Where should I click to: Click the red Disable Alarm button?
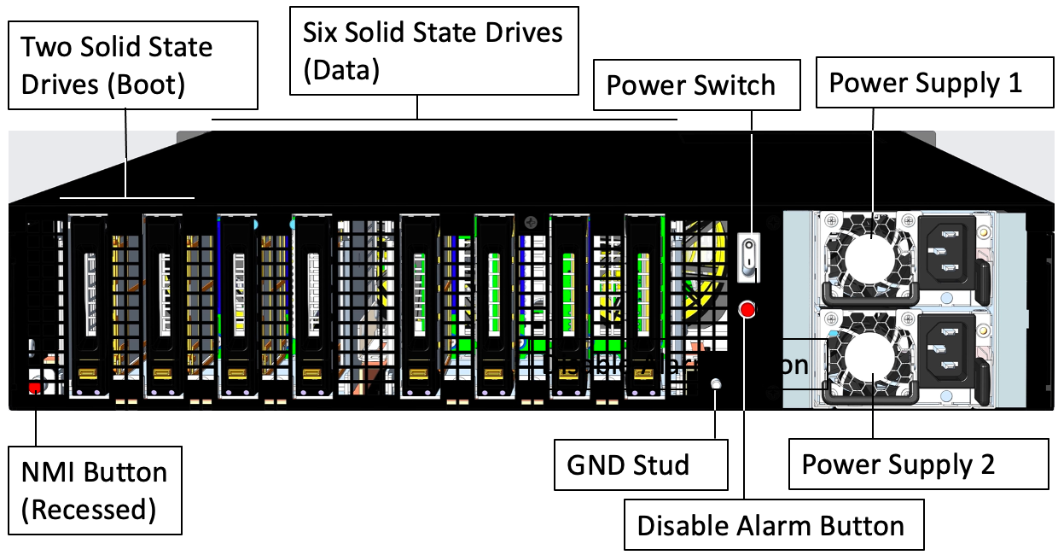(748, 310)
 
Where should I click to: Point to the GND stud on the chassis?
(718, 384)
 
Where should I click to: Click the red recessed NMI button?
(35, 388)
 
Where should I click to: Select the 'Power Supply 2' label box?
(918, 464)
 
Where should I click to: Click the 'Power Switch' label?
(696, 85)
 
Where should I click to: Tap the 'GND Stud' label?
(640, 465)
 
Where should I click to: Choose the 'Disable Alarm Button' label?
(770, 525)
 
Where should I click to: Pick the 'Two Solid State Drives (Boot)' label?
(132, 66)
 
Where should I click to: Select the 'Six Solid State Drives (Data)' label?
(433, 51)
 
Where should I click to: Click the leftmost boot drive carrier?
(88, 303)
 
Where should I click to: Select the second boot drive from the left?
(163, 303)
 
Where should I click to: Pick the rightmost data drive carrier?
(644, 303)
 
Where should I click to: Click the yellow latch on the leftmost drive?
(87, 373)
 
